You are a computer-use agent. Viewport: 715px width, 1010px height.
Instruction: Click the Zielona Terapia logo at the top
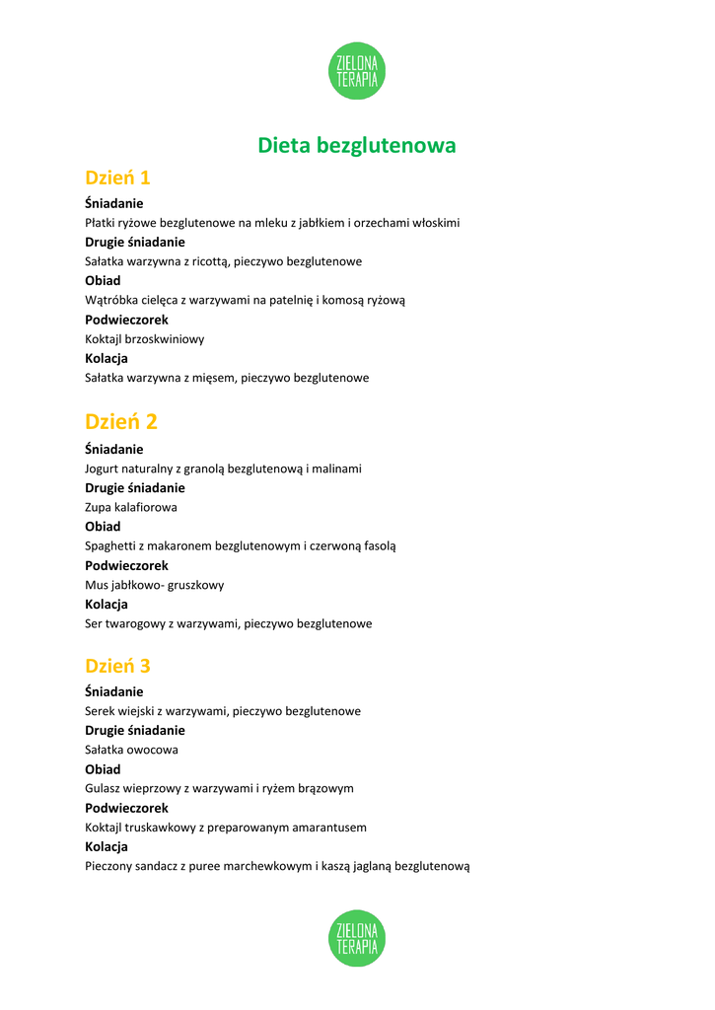(356, 71)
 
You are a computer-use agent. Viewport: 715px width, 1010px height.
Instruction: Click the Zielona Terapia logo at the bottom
(356, 938)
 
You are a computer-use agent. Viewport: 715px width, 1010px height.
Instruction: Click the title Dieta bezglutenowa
(357, 146)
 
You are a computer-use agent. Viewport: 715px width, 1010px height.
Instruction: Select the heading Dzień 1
(117, 179)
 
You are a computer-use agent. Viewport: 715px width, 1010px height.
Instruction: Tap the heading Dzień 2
(121, 422)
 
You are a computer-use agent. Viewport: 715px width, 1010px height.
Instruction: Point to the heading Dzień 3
(117, 666)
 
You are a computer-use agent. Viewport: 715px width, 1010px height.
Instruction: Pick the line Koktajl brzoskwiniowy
(145, 338)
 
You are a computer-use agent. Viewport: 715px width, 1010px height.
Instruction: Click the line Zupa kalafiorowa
(131, 507)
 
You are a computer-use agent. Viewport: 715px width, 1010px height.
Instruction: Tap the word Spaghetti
(112, 545)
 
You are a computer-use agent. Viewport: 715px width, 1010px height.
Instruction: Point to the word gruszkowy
(196, 585)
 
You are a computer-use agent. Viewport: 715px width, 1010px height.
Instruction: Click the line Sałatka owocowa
(132, 750)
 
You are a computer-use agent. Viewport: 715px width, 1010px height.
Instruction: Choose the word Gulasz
(104, 788)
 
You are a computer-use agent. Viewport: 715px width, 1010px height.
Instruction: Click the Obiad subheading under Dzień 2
(103, 527)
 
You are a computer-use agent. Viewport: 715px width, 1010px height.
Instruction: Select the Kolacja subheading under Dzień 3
(107, 846)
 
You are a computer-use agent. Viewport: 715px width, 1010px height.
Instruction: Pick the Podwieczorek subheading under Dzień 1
(126, 320)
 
